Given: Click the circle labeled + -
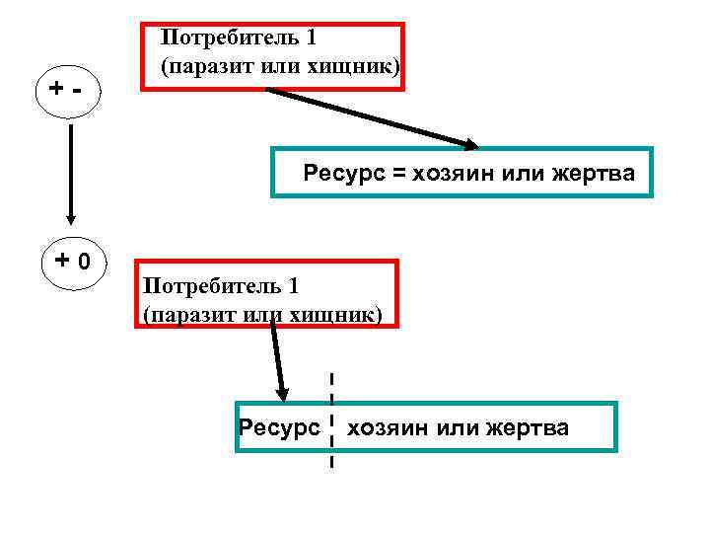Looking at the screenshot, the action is (70, 94).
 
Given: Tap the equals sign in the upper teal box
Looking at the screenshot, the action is (399, 175).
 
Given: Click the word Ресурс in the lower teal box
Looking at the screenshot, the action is (279, 427).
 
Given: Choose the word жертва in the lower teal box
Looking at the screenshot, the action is (524, 427).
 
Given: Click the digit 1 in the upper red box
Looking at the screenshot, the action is (311, 38).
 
